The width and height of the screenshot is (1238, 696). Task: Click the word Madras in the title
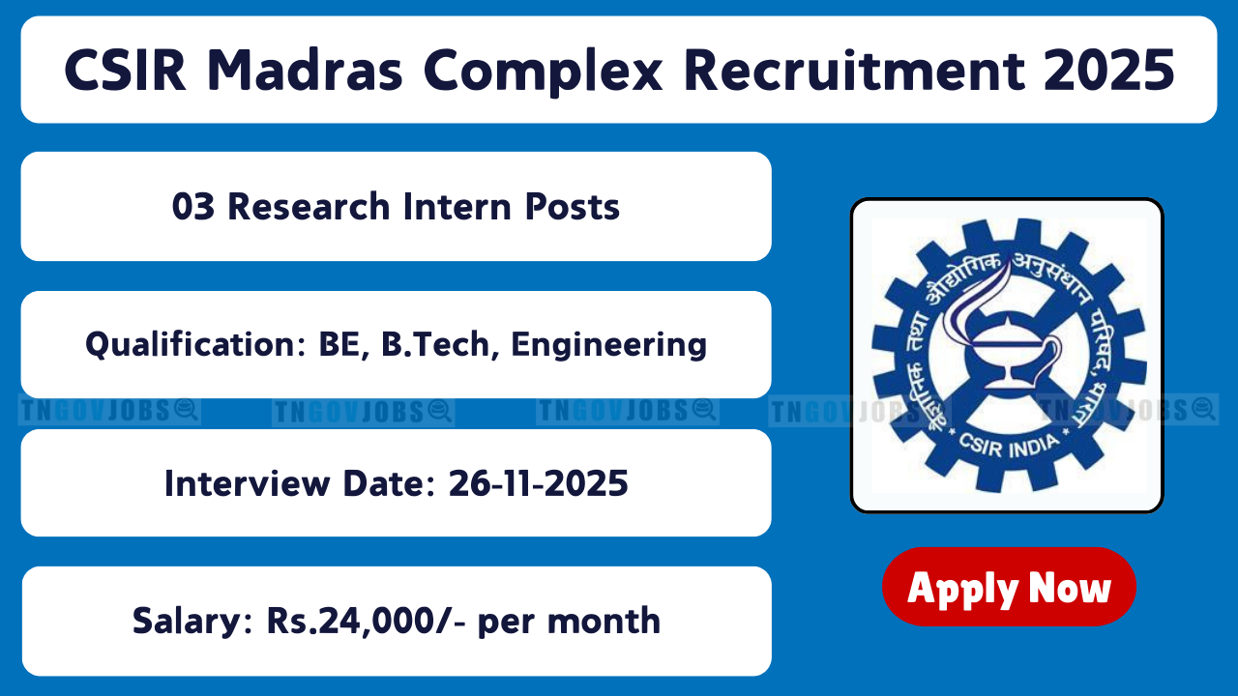pyautogui.click(x=305, y=71)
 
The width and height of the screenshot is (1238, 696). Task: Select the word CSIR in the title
pyautogui.click(x=125, y=71)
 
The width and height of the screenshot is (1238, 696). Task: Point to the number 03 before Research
pyautogui.click(x=192, y=207)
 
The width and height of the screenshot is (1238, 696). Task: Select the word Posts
pyautogui.click(x=573, y=207)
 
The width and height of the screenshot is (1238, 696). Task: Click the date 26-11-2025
pyautogui.click(x=539, y=483)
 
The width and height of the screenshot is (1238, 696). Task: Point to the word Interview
pyautogui.click(x=248, y=483)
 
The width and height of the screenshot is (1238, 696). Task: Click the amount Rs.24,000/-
pyautogui.click(x=366, y=622)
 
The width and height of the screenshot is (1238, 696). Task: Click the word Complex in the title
pyautogui.click(x=543, y=72)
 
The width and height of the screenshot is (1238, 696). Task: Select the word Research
pyautogui.click(x=309, y=207)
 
